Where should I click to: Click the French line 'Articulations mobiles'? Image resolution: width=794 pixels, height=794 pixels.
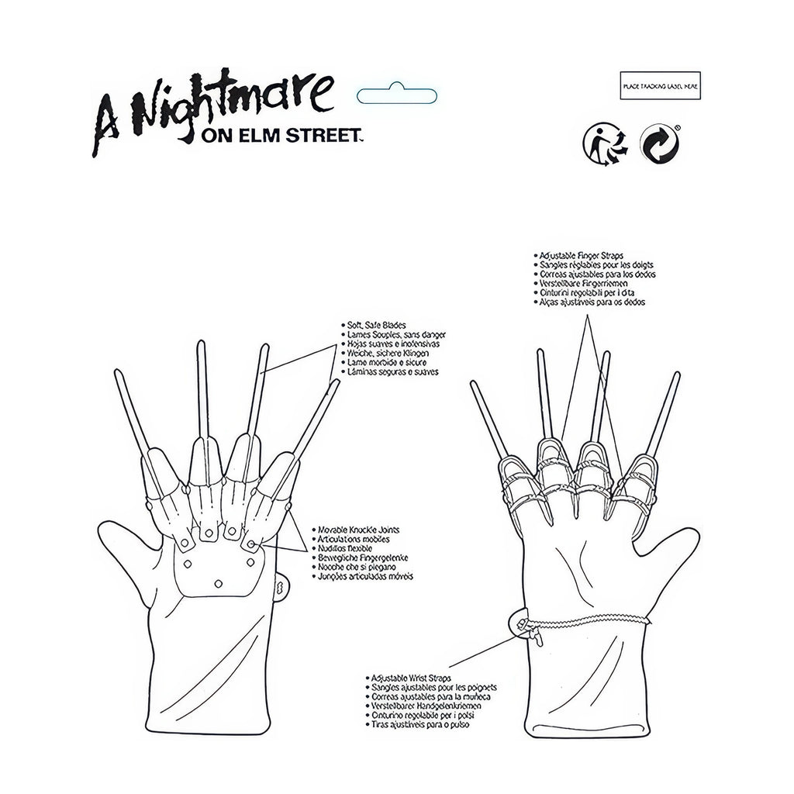(354, 538)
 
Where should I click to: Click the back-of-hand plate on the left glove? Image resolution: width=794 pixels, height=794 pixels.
(216, 574)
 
